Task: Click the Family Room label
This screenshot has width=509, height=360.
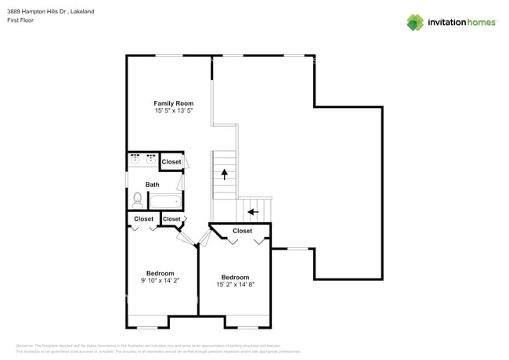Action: click(x=173, y=103)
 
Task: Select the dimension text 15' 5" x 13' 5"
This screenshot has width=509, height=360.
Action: click(x=173, y=111)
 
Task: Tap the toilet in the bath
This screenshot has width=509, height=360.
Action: click(x=138, y=200)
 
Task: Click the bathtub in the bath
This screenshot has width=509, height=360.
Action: click(x=165, y=201)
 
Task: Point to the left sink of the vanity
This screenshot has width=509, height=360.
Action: click(x=135, y=159)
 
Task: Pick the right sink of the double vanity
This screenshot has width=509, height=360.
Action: click(x=150, y=159)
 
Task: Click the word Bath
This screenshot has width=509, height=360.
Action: click(x=152, y=185)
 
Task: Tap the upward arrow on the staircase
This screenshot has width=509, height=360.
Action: click(x=225, y=174)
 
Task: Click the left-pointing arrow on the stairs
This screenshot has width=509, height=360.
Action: click(x=251, y=211)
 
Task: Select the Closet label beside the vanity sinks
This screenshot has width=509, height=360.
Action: click(x=171, y=162)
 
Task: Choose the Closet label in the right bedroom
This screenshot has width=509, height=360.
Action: click(x=242, y=231)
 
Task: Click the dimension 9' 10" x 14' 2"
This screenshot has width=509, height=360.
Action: click(x=160, y=280)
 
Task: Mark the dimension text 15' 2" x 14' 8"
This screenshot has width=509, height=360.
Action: click(x=235, y=284)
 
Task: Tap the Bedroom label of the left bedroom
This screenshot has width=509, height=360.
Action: click(x=160, y=273)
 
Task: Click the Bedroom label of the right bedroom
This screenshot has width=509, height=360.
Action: click(x=235, y=277)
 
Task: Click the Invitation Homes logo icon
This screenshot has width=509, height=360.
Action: click(x=415, y=22)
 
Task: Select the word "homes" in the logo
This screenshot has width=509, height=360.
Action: click(x=478, y=22)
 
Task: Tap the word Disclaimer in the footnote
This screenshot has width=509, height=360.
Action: click(x=23, y=345)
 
